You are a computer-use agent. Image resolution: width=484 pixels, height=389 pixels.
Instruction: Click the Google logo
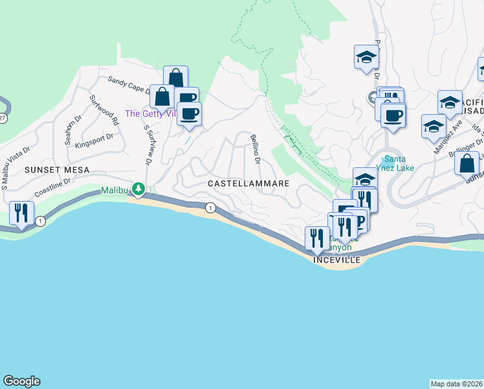pos(21,381)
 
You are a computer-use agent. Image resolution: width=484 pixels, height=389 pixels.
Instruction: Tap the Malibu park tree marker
pos(138,189)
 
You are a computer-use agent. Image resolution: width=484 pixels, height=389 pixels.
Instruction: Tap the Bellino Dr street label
pos(256,149)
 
